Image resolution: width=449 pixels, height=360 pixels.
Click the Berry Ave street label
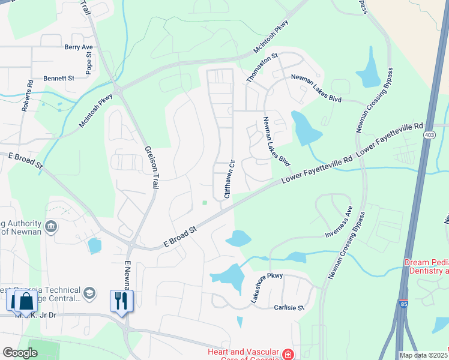[79, 47]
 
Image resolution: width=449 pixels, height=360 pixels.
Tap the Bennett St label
[58, 78]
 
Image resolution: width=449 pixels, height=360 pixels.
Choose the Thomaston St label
[262, 68]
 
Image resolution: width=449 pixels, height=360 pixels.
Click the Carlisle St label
[290, 307]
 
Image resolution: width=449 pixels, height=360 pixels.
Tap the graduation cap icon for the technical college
[89, 293]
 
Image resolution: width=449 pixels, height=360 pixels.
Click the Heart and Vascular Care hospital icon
[289, 355]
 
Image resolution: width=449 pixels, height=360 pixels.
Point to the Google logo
[20, 353]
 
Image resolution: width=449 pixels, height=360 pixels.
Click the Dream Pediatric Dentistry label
[426, 267]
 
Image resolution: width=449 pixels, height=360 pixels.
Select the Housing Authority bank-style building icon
[51, 226]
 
